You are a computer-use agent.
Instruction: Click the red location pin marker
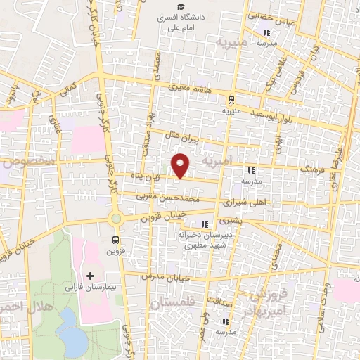[x=181, y=165]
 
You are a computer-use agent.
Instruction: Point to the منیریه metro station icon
[x=231, y=99]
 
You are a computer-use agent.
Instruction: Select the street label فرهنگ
[x=309, y=170]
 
